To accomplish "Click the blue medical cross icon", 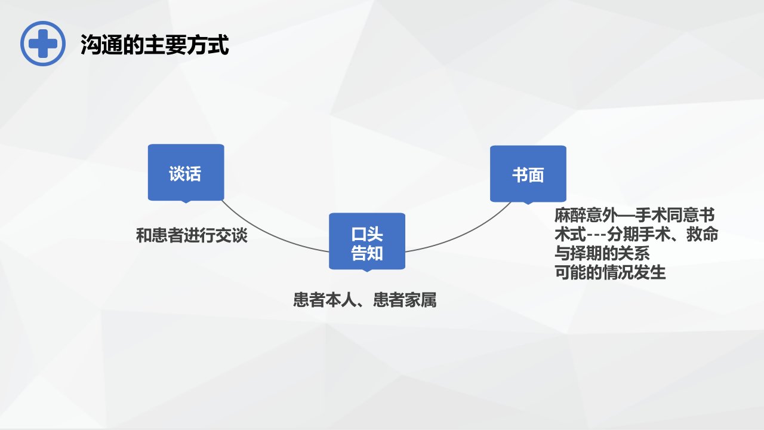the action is click(43, 44).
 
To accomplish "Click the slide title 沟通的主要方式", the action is click(155, 45).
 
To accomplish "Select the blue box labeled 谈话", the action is click(186, 173).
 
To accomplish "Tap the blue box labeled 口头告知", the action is click(367, 242).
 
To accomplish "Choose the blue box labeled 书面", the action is click(528, 174).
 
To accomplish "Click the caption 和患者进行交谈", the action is click(192, 235).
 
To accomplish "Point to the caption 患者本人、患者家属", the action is click(365, 300).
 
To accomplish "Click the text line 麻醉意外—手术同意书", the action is click(634, 215).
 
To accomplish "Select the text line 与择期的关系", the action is click(602, 253).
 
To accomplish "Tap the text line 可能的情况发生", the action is click(610, 272).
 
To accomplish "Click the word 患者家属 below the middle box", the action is click(405, 300).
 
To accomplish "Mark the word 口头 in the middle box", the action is click(367, 234).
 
